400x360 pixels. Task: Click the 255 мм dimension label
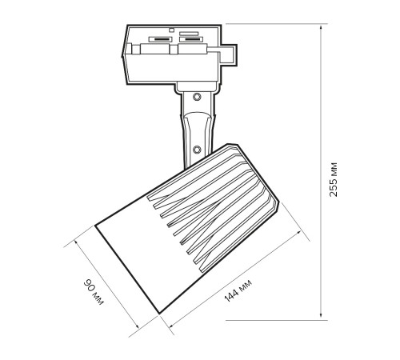(x=334, y=179)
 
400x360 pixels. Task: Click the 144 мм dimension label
(x=238, y=291)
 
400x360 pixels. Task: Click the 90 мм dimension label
(x=94, y=293)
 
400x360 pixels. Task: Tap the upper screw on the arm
(x=197, y=97)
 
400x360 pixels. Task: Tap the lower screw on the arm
(x=197, y=150)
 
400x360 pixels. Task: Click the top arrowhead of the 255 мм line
(x=321, y=27)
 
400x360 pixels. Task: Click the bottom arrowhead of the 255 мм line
(x=321, y=316)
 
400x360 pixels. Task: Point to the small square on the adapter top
(x=172, y=30)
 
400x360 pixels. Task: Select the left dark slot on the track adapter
(x=161, y=39)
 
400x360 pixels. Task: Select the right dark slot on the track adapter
(x=190, y=39)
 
